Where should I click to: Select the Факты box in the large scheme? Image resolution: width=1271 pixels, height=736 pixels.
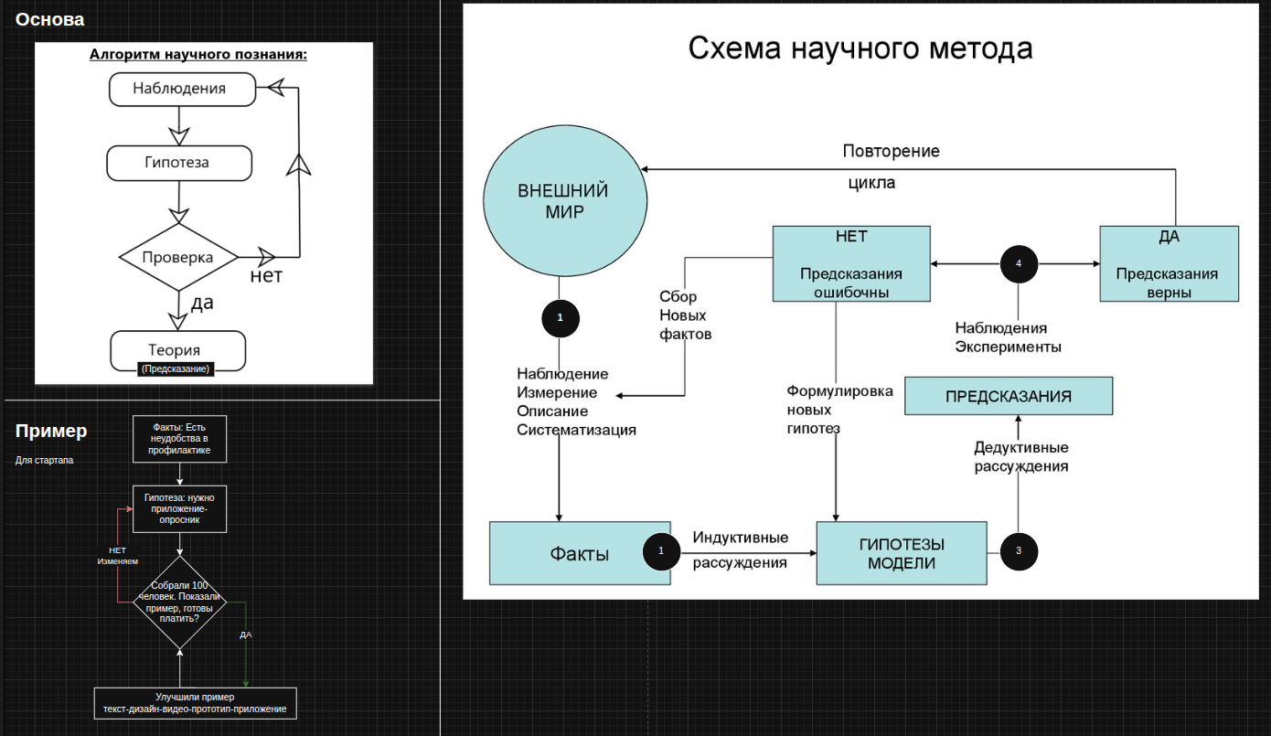pos(580,553)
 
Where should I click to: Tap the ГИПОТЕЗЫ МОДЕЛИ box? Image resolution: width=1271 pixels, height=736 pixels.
pos(902,553)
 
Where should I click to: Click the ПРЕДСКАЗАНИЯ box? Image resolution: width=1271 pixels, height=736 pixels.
pos(1008,397)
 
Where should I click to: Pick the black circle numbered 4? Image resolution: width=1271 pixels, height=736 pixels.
pos(1019,264)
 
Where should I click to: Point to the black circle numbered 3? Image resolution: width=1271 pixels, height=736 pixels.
pos(1019,550)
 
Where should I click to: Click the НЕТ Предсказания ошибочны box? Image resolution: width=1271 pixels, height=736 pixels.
pos(851,264)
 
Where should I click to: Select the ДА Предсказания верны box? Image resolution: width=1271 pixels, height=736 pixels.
pos(1169,264)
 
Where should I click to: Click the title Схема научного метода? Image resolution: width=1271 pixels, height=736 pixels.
pos(860,48)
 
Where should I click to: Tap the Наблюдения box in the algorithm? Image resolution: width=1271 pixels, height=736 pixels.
pos(179,89)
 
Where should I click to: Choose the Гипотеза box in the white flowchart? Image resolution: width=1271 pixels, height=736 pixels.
pos(178,163)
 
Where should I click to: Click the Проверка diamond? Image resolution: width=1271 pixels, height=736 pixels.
pos(178,257)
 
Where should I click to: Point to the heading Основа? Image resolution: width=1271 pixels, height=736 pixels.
pos(49,19)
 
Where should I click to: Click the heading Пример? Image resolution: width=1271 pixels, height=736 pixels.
pos(51,431)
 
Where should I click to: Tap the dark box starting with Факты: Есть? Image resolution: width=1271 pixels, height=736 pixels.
pos(180,439)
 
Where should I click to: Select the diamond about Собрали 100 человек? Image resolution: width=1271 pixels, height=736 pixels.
pos(180,602)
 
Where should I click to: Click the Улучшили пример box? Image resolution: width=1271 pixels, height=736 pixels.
pos(195,702)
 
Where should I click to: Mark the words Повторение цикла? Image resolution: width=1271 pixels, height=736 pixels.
pos(890,166)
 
